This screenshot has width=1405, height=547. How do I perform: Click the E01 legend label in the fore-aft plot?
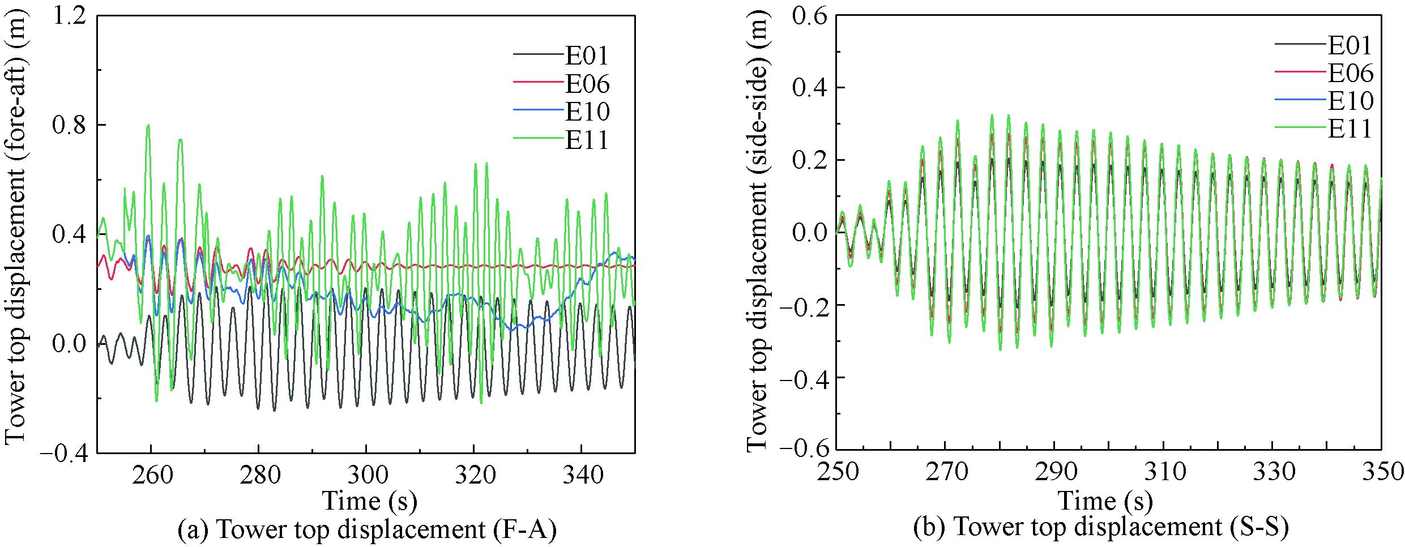coord(587,55)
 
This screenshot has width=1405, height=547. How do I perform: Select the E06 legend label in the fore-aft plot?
coord(587,84)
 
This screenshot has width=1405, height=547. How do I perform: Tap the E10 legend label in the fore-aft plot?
coord(587,112)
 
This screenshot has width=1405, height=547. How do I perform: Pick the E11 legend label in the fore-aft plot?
coord(587,139)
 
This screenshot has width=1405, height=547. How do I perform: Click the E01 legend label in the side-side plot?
coord(1350,45)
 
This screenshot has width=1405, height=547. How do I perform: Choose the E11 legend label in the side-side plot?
coord(1350,129)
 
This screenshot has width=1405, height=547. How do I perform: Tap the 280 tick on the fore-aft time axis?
coord(259,474)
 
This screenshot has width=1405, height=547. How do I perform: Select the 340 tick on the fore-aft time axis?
coord(582,474)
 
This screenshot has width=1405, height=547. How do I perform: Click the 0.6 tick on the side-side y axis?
coord(809,15)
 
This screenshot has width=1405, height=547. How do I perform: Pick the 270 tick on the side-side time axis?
coord(946,471)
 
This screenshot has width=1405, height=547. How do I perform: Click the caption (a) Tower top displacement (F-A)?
coord(367,529)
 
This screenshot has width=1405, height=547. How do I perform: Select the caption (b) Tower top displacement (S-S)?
coord(1101,526)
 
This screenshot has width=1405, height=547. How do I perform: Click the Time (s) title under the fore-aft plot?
coord(369,501)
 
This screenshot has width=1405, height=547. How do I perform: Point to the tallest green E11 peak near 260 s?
coord(148,125)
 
